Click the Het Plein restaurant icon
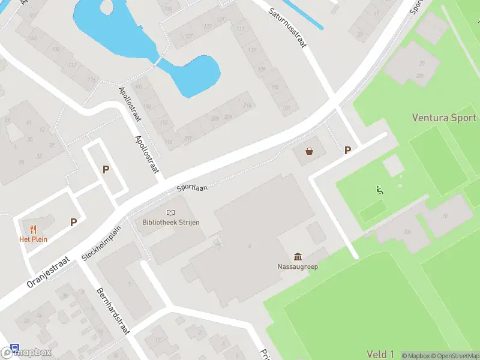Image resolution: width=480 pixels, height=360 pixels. (x=32, y=229)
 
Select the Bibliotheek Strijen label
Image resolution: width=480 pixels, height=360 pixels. (x=171, y=222)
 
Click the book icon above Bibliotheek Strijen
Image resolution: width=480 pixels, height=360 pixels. (x=171, y=212)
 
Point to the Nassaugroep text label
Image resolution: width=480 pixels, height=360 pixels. (x=298, y=266)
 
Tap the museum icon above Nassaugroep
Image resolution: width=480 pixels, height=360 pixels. (x=298, y=256)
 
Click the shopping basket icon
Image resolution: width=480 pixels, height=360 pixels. (x=310, y=151)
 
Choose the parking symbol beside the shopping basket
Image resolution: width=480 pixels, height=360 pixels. (x=347, y=151)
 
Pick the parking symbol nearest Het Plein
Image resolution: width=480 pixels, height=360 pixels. (x=74, y=222)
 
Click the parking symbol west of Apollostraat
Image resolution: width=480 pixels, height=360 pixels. (x=106, y=169)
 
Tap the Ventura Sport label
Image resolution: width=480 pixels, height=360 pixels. (x=444, y=118)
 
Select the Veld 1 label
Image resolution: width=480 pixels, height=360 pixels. (x=380, y=355)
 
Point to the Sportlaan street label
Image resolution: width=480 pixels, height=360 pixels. (x=192, y=188)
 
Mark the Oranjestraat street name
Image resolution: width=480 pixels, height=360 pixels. (x=49, y=273)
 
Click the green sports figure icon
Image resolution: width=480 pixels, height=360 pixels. (x=379, y=191)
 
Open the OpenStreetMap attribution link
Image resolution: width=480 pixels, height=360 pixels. (x=454, y=356)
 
